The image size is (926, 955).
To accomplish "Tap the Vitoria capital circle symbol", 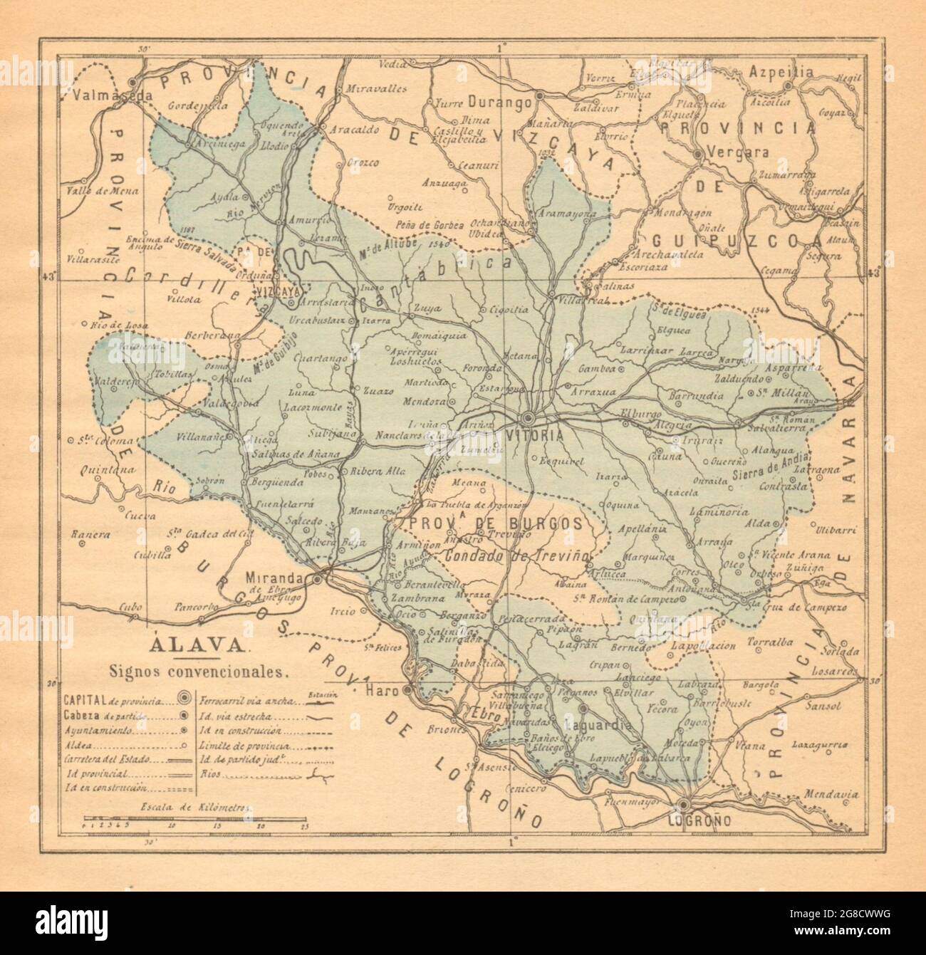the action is (x=529, y=417).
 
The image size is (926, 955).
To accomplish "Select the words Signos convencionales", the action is (x=198, y=671).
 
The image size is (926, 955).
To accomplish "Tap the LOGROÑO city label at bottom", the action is (x=690, y=821).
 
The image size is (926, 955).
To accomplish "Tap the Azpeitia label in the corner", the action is (x=781, y=72).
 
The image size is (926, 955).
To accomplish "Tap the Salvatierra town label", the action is (x=837, y=428).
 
